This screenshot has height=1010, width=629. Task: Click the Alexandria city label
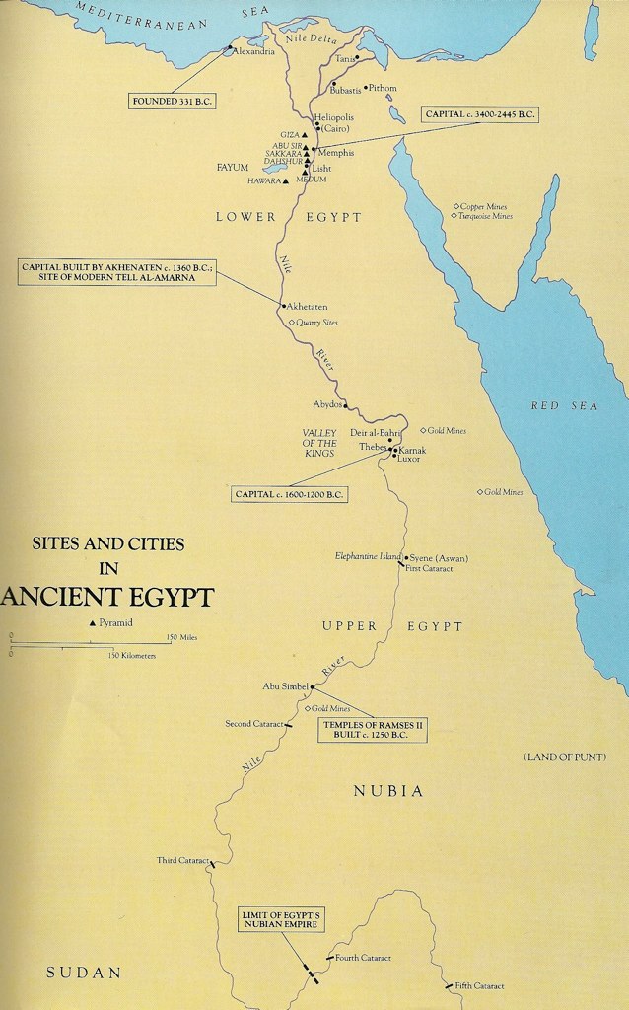coord(254,51)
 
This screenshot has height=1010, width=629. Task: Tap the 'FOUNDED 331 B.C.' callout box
coord(172,101)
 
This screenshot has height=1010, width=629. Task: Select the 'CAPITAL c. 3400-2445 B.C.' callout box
coord(480,115)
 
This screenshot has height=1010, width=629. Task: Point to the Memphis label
coord(336,153)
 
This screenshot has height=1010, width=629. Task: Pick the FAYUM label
coord(233,168)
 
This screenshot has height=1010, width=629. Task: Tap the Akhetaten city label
coord(307,308)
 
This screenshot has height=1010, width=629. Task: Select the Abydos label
coord(327,404)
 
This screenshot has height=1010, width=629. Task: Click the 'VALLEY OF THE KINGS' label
coord(319,444)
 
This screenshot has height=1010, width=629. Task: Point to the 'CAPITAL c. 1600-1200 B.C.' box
coord(289,495)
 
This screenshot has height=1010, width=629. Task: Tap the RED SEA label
coord(564,406)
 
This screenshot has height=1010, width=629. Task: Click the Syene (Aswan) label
coord(439,558)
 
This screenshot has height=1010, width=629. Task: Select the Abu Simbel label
coord(286,686)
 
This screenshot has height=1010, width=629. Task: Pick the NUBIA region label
coord(388,791)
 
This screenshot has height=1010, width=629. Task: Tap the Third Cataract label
coord(182,860)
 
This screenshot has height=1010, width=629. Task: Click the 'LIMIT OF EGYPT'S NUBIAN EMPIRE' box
coord(282,920)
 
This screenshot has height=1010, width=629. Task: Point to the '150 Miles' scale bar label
coord(182,637)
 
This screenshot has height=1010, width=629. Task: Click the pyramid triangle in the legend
coord(93,623)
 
